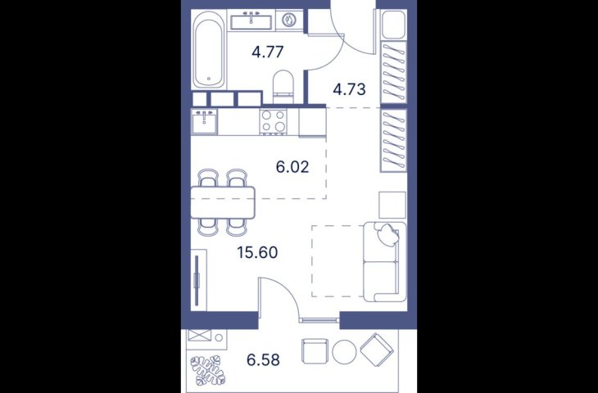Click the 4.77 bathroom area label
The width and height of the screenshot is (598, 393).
click(268, 52)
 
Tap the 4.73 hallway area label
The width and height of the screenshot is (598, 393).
click(349, 89)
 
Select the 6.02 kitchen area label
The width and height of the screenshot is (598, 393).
click(292, 167)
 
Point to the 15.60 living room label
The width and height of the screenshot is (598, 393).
click(257, 252)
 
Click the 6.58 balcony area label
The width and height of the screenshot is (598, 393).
click(263, 359)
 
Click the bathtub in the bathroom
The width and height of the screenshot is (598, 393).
click(208, 49)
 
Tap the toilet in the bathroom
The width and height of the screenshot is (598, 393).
click(283, 87)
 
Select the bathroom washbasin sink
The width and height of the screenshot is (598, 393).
click(251, 20)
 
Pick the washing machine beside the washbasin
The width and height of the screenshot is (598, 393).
click(289, 20)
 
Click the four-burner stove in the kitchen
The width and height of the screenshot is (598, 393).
click(273, 121)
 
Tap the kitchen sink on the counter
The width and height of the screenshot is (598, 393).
click(205, 122)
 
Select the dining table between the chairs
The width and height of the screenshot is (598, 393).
click(223, 202)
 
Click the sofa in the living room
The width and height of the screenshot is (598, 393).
click(384, 262)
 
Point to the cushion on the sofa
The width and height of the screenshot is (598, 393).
click(387, 234)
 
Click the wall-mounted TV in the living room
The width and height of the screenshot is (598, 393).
click(197, 280)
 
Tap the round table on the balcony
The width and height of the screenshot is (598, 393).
click(344, 351)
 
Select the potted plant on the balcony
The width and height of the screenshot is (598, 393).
click(208, 370)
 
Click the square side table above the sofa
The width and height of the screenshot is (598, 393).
click(392, 205)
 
